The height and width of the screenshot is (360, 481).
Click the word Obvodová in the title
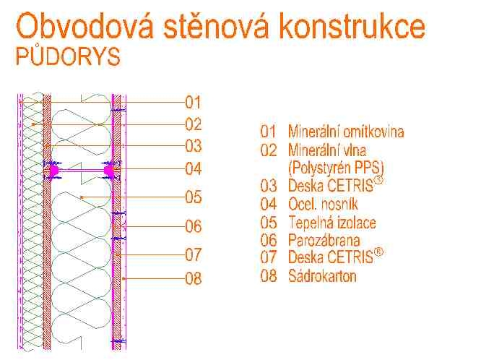click(84, 26)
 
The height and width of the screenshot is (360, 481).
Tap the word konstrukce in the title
click(352, 26)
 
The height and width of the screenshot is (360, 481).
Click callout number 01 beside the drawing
click(194, 102)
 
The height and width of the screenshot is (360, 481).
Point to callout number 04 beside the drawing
click(194, 168)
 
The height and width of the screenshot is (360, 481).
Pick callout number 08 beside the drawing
click(194, 278)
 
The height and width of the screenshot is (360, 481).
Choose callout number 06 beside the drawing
click(194, 226)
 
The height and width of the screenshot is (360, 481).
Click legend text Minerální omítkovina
click(346, 132)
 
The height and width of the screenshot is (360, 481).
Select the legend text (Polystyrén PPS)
click(337, 168)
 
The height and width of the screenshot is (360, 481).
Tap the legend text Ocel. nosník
click(323, 204)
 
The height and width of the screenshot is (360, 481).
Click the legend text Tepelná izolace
click(332, 222)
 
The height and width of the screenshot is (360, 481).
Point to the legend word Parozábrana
click(324, 240)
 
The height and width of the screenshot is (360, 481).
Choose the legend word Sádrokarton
click(322, 276)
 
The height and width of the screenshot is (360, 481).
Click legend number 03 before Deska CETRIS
click(269, 186)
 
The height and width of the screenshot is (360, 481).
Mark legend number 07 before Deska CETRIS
click(269, 257)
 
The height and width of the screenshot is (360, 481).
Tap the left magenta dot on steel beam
click(54, 170)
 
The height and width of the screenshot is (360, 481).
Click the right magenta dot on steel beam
click(108, 170)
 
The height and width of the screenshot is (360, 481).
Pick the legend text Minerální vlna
click(327, 150)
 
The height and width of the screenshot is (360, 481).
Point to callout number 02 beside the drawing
click(194, 124)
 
